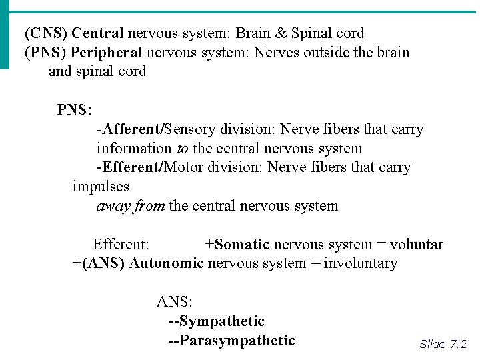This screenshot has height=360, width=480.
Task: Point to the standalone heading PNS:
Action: [74, 109]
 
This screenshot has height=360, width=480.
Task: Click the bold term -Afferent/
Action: [130, 129]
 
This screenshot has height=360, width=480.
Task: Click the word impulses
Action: [101, 187]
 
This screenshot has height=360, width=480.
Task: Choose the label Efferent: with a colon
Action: [121, 245]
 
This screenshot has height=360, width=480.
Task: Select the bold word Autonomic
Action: [166, 263]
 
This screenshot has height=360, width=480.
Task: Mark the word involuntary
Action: [361, 263]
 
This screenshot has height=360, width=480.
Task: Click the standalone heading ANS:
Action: [174, 302]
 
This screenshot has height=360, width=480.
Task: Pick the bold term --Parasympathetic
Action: [231, 341]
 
